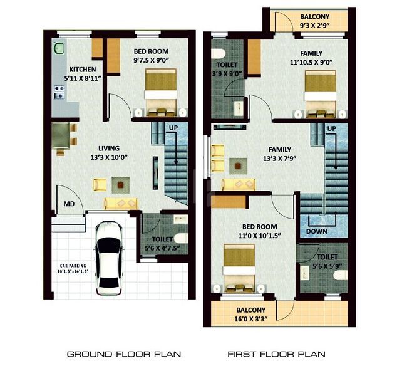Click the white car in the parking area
tap(108, 258)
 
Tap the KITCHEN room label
tap(83, 70)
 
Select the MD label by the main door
tap(69, 204)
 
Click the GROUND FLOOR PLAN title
tap(124, 354)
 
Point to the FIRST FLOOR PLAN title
tap(276, 354)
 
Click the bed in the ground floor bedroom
tap(161, 92)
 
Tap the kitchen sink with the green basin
tap(59, 49)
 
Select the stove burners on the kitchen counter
tap(59, 92)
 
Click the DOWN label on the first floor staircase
tap(317, 231)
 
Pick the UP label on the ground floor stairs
tap(173, 128)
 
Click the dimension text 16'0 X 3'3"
tap(250, 319)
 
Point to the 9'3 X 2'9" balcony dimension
tap(314, 26)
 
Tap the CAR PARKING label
tap(73, 266)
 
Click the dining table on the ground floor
tap(61, 135)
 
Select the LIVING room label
tap(109, 149)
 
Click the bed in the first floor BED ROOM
tap(239, 268)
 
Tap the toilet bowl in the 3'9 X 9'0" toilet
tap(218, 53)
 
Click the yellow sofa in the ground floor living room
tap(121, 204)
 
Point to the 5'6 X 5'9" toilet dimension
tap(327, 266)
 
